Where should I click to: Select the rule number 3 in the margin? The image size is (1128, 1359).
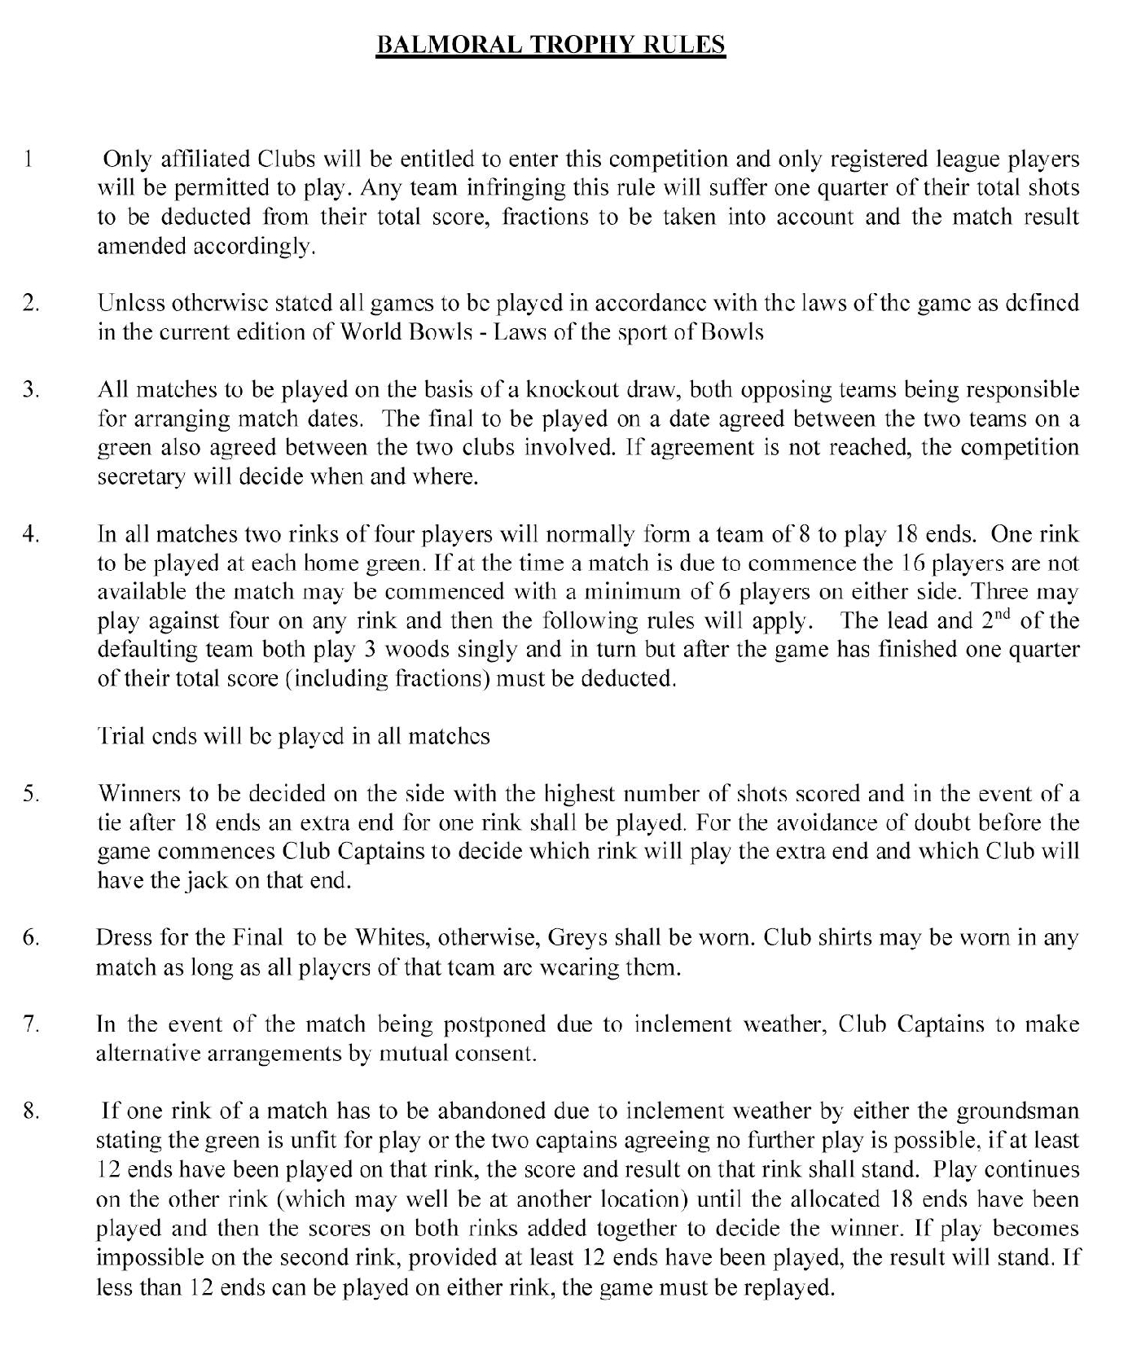coord(31,389)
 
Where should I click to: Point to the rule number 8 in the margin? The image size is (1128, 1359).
coord(31,1111)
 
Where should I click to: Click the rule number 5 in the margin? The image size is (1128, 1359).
coord(31,793)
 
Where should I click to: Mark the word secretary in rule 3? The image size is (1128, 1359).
coord(138,476)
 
